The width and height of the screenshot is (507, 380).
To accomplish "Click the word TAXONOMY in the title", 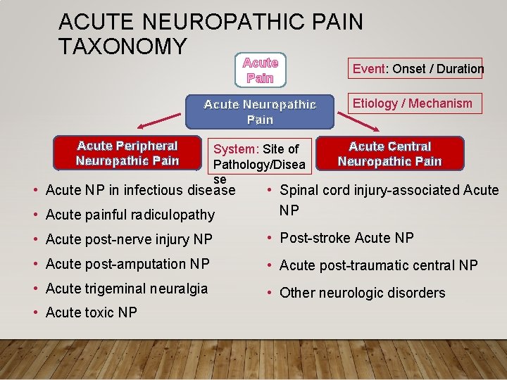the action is [123, 46].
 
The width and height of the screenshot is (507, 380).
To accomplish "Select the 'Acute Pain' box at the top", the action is [261, 70].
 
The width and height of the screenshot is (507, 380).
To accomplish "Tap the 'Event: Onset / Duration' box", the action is [418, 68].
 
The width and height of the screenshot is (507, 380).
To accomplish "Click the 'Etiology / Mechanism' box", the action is [412, 103].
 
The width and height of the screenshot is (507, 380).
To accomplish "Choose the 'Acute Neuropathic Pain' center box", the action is [261, 112].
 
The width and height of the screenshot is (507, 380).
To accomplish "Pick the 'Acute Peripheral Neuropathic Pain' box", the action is [127, 153].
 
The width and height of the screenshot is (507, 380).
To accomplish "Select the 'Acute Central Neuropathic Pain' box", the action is [389, 153].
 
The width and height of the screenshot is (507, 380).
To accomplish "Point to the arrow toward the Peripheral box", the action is [159, 121].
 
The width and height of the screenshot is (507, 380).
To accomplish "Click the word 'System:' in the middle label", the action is [236, 149].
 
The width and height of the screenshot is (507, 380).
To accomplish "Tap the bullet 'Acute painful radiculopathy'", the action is [130, 215].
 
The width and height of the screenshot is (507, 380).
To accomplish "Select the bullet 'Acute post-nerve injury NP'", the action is [128, 239].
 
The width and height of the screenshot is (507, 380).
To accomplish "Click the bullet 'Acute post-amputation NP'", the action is [127, 264].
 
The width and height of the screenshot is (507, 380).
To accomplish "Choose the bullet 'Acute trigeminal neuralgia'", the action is [126, 289].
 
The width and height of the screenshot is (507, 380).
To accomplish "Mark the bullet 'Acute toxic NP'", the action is [91, 312].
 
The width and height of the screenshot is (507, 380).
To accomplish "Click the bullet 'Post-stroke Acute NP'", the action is [346, 238].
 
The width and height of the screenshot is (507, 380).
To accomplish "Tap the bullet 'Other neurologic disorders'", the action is [362, 293].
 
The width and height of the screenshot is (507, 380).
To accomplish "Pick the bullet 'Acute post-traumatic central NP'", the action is [378, 265].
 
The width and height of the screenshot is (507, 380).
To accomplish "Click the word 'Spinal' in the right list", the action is [299, 191].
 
